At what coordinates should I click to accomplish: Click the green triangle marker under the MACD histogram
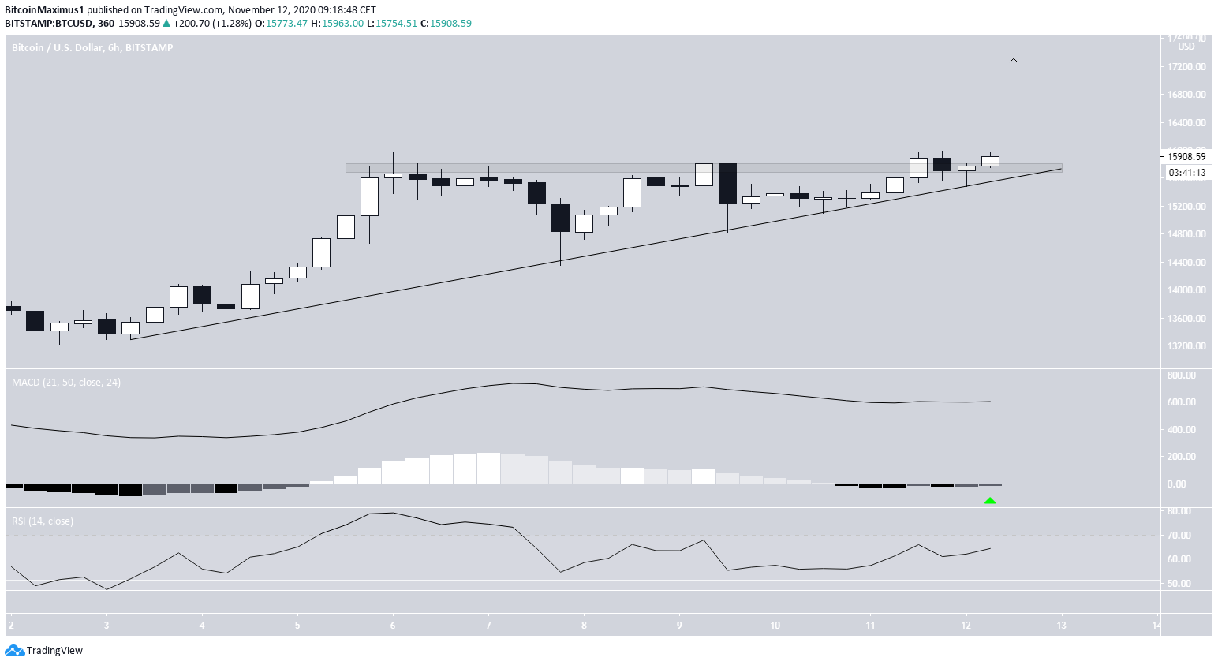point(990,500)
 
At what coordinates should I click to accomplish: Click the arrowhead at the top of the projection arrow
point(1014,61)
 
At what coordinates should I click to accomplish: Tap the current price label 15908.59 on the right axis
point(1186,156)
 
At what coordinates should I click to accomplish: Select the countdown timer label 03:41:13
point(1186,172)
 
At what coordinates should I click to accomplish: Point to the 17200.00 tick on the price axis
point(1186,67)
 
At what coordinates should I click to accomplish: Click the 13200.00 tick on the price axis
point(1186,346)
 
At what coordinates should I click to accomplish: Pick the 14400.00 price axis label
point(1186,263)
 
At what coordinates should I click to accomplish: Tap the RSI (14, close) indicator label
point(43,521)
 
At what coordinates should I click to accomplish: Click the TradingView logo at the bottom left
point(44,651)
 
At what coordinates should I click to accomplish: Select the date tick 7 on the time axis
point(488,626)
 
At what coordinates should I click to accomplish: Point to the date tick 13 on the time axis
point(1061,626)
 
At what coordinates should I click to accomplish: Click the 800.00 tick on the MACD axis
point(1181,375)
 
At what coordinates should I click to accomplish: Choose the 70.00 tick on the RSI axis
point(1179,536)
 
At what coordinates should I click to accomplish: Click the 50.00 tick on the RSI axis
point(1179,584)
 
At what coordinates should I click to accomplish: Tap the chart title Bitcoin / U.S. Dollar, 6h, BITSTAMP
point(92,48)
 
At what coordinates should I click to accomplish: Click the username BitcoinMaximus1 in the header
point(44,10)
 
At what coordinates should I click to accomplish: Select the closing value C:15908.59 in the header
point(446,24)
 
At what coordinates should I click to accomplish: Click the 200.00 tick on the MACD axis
point(1181,457)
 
